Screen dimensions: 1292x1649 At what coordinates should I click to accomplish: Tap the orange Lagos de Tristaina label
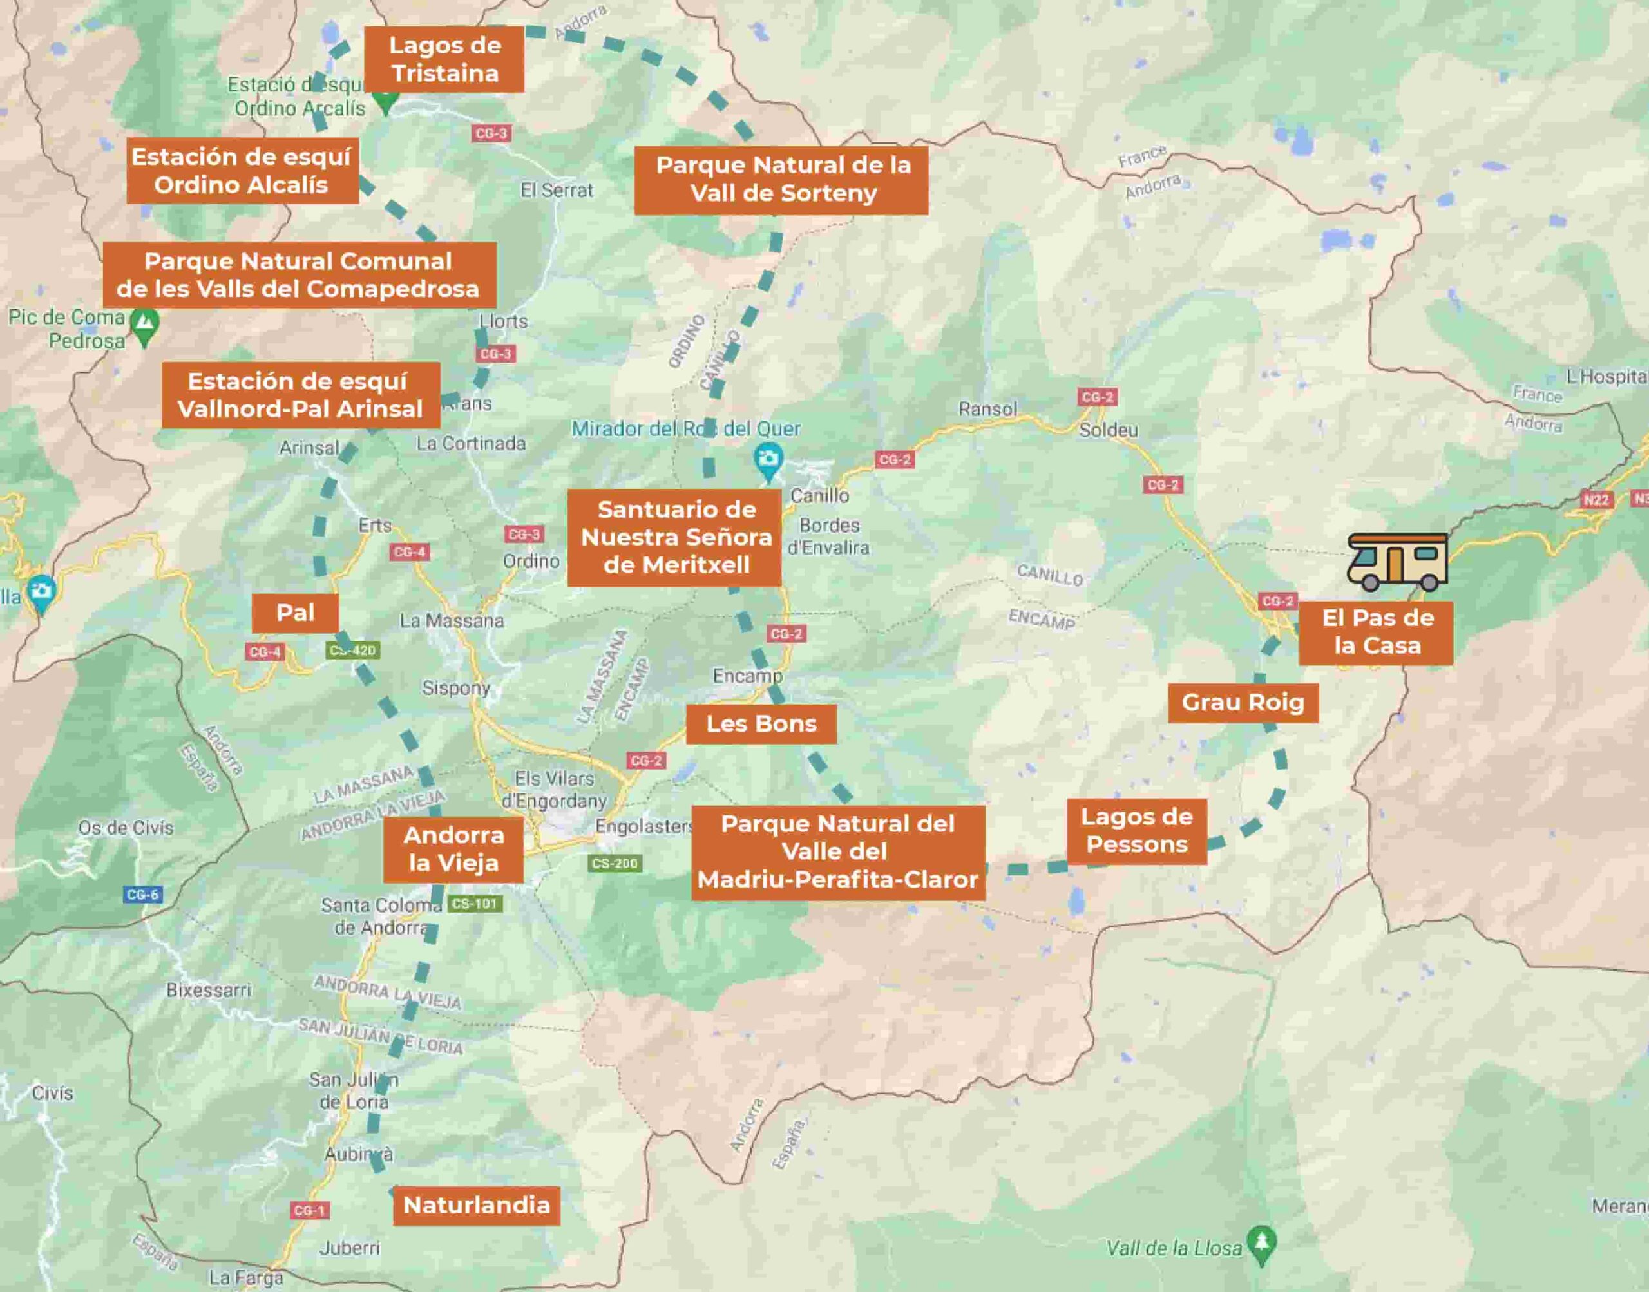click(444, 60)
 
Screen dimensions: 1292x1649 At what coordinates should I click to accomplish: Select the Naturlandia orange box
click(476, 1205)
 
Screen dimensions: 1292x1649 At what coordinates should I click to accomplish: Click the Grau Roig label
click(1243, 703)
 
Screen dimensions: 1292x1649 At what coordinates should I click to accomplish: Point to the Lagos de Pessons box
click(1136, 831)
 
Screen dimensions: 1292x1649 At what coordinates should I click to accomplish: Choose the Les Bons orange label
click(761, 724)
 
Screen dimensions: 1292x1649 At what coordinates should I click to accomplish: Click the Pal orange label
click(295, 613)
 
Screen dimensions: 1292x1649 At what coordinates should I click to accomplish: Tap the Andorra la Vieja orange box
click(453, 849)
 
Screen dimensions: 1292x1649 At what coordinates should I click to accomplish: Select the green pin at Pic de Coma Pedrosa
click(144, 325)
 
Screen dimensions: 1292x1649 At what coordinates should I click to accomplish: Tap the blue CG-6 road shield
click(142, 895)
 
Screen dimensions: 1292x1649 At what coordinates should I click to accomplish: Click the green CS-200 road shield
click(615, 863)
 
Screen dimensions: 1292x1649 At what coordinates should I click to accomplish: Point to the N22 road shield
click(1596, 500)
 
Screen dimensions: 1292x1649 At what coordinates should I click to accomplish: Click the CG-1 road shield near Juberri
click(309, 1210)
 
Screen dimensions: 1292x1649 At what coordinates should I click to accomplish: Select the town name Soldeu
click(1108, 430)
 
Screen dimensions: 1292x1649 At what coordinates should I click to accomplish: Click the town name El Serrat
click(557, 191)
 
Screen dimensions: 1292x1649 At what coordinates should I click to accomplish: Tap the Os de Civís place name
click(126, 828)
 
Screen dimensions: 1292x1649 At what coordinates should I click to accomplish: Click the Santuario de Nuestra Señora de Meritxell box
click(674, 538)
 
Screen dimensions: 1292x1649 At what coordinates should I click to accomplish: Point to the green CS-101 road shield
click(474, 904)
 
